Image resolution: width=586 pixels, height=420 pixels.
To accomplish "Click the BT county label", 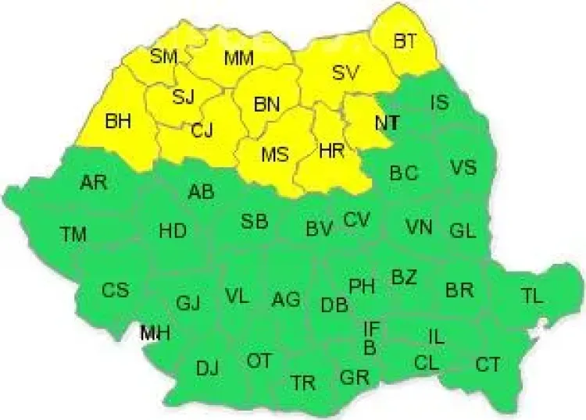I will [404, 41].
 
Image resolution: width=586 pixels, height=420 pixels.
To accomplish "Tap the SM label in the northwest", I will [164, 56].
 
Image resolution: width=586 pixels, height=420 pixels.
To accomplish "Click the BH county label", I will [119, 121].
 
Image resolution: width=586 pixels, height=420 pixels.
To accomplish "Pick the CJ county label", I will [202, 130].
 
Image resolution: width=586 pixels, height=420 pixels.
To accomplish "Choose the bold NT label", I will [387, 123].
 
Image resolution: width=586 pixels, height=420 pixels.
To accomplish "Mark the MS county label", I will [275, 154].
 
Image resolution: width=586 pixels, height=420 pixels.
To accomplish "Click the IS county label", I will [440, 102].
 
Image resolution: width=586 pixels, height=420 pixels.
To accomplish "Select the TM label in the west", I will [73, 233].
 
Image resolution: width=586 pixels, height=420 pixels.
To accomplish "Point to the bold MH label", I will [155, 333].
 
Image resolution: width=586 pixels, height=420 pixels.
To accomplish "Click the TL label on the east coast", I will [532, 295].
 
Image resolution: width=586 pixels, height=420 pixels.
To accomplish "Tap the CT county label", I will [488, 365].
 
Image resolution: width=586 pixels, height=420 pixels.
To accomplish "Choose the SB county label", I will [254, 222].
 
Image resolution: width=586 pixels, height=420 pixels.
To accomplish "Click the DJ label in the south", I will [207, 368].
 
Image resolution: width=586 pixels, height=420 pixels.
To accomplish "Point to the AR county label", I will [94, 183].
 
